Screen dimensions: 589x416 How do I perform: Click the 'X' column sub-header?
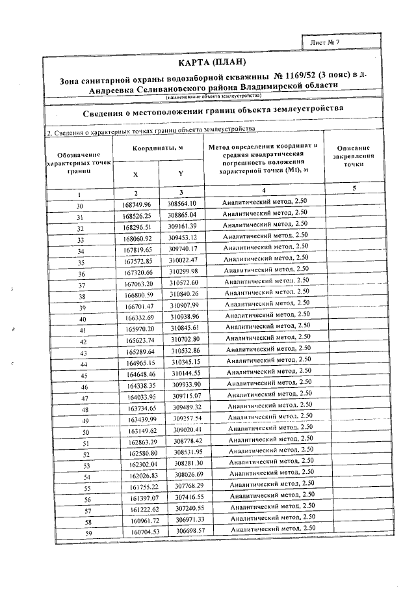(x=135, y=174)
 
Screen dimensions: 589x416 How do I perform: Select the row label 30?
(x=80, y=206)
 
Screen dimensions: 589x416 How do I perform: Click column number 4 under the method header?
(x=265, y=190)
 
